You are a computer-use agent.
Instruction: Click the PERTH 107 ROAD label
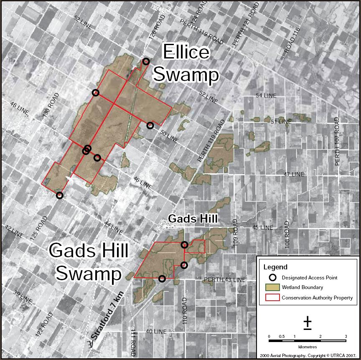coord(337,141)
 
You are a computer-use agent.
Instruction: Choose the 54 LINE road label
coord(266,96)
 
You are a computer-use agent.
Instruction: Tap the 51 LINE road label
coord(281,122)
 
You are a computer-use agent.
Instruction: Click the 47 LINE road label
coord(294,174)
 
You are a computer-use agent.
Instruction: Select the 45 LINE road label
coord(262,228)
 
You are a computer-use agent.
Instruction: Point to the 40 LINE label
coord(156,332)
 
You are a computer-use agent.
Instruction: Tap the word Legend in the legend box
coord(275,267)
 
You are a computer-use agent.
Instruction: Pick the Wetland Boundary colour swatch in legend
coord(272,287)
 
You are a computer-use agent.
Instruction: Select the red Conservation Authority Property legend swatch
coord(272,298)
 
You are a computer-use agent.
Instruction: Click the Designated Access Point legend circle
coord(272,277)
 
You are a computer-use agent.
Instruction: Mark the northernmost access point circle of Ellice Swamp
coord(146,61)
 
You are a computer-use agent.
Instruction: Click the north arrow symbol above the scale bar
coord(308,322)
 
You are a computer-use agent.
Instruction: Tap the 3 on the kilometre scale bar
coord(346,337)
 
